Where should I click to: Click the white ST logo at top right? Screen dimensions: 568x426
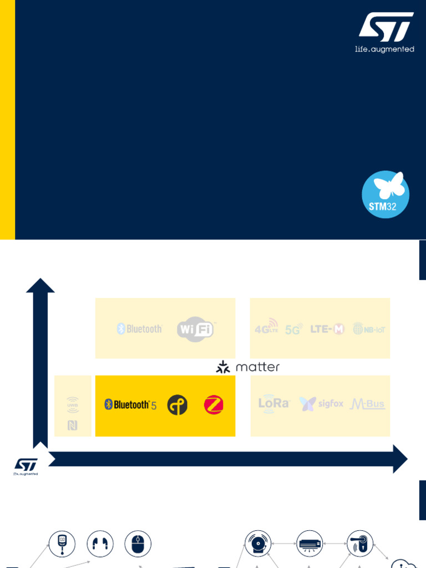click(386, 27)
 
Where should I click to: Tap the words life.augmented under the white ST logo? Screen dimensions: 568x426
click(384, 49)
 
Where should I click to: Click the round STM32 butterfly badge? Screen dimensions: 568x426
click(386, 195)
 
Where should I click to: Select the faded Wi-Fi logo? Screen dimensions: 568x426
click(195, 329)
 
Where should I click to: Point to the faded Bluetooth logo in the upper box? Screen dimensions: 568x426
click(139, 328)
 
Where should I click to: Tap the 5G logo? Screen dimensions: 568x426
click(293, 329)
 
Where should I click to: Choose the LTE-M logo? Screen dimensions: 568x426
click(327, 328)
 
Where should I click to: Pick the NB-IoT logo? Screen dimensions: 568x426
click(369, 328)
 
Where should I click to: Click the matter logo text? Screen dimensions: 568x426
click(248, 367)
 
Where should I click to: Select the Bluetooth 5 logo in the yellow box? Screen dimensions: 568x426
click(130, 404)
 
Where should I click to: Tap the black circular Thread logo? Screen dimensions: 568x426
click(177, 404)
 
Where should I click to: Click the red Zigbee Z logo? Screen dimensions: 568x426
click(214, 404)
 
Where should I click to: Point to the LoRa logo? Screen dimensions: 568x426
click(273, 403)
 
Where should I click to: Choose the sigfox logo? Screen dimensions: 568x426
click(321, 403)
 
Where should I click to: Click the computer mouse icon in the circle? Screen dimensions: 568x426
click(138, 543)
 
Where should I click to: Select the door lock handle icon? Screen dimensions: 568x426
click(361, 543)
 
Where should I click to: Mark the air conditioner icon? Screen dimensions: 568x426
click(310, 543)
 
